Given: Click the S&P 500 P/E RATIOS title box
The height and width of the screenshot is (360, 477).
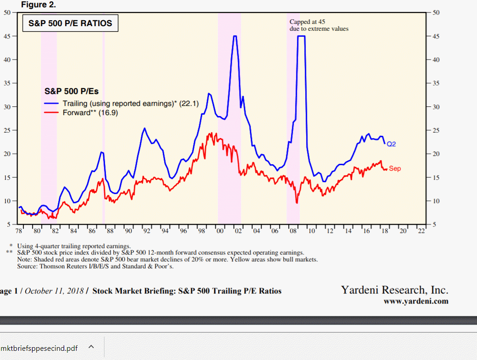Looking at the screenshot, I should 70,23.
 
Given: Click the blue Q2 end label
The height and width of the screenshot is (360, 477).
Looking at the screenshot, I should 391,144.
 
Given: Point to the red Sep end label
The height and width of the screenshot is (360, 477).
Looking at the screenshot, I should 395,169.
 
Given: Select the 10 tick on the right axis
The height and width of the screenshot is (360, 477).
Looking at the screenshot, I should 436,201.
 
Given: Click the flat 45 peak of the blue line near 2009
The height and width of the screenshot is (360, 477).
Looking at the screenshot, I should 301,36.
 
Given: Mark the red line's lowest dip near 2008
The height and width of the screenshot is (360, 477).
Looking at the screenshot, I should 297,203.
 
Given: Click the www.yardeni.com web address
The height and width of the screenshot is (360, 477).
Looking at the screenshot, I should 416,301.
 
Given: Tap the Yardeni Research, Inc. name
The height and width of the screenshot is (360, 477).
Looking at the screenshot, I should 395,290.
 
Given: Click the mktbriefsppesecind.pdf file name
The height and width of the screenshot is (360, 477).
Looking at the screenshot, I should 39,349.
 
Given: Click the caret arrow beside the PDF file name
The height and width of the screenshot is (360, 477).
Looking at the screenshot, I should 91,348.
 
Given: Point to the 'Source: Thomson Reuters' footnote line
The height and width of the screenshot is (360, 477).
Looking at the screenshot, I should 98,266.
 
